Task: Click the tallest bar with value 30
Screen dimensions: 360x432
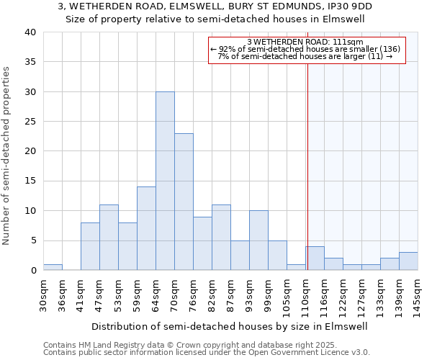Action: click(x=165, y=181)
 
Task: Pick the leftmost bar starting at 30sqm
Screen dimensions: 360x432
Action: click(x=53, y=267)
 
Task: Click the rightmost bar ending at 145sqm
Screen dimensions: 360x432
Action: click(x=408, y=261)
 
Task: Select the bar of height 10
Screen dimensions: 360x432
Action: click(x=258, y=240)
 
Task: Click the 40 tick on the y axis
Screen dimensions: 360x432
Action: click(x=30, y=32)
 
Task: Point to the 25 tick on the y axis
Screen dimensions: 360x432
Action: click(x=30, y=122)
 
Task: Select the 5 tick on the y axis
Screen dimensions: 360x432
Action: click(x=33, y=240)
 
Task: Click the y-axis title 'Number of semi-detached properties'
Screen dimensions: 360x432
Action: click(x=7, y=156)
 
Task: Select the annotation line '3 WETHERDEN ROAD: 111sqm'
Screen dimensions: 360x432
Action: click(x=305, y=42)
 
